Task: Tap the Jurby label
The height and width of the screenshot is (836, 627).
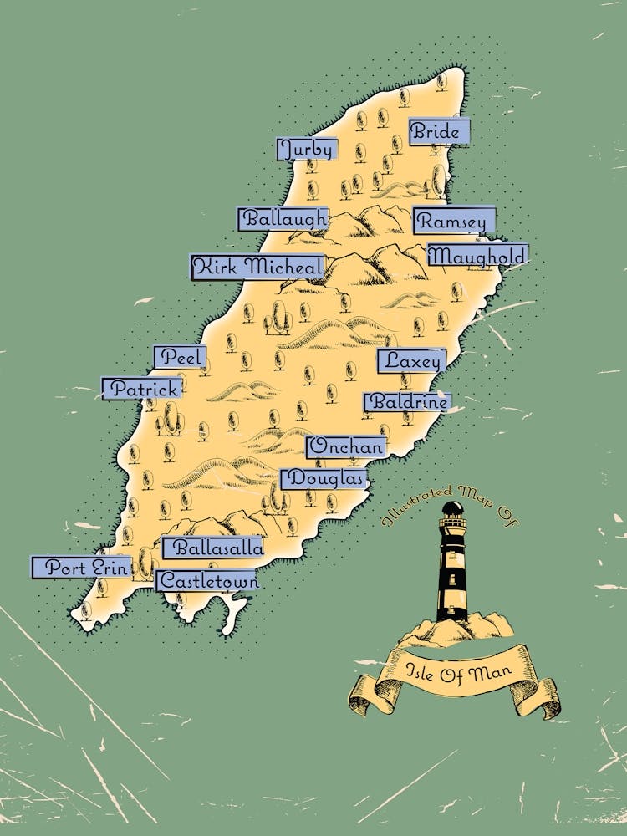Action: tap(308, 150)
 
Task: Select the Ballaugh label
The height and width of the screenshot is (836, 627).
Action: tap(283, 219)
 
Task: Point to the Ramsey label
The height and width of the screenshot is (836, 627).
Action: tap(453, 222)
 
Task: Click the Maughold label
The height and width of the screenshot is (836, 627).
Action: tap(477, 256)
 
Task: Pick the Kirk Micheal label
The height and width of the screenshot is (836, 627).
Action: tap(257, 268)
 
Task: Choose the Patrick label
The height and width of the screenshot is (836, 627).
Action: tap(143, 389)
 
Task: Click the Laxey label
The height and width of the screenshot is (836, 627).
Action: tap(411, 361)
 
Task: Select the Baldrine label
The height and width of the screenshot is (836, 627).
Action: tap(407, 402)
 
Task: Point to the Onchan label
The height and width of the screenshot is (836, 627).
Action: tap(346, 447)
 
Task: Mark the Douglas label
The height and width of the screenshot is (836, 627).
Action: tap(325, 479)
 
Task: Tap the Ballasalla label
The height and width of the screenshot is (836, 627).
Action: tap(213, 548)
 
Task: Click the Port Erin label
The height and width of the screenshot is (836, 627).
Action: tap(82, 568)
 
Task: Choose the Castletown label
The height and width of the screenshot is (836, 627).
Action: tap(206, 580)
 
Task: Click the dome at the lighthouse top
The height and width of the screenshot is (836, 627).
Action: tap(452, 508)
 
